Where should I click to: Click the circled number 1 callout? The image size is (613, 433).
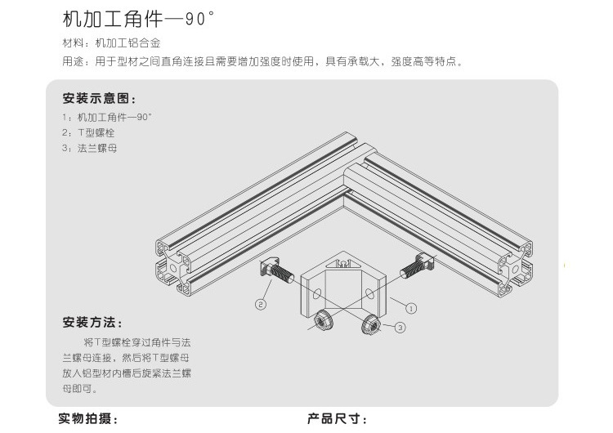(x=411, y=309)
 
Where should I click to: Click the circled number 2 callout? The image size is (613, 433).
(x=261, y=305)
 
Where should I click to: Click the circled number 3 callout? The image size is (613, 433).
(x=400, y=328)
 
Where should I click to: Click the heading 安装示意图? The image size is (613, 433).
(x=98, y=99)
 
